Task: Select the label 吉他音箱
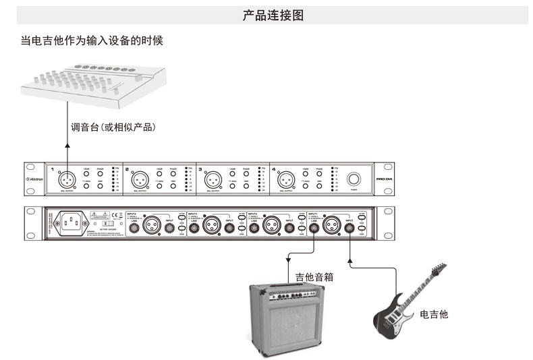[x=314, y=276]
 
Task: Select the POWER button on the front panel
[x=354, y=179]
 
